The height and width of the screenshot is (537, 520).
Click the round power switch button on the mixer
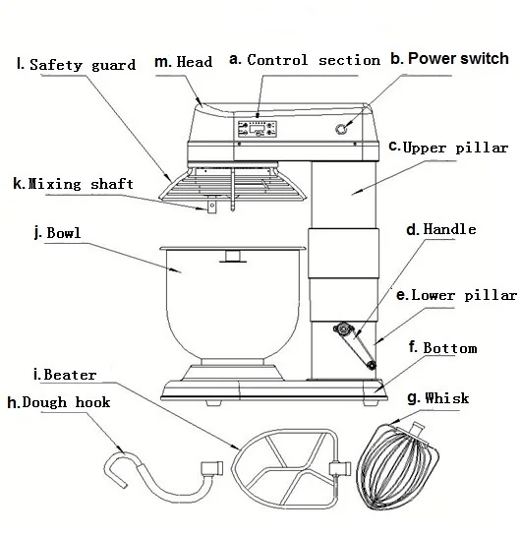[341, 129]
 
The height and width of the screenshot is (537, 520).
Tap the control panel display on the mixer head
[258, 129]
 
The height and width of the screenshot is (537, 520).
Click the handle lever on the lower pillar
[355, 345]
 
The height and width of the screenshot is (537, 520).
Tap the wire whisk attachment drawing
[397, 467]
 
